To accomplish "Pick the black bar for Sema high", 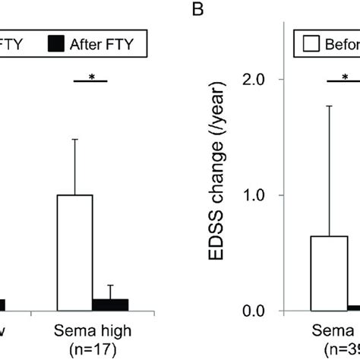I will click(110, 305).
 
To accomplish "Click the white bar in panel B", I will click(330, 273).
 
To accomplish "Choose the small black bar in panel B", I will click(354, 308).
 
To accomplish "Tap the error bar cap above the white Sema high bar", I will click(75, 140).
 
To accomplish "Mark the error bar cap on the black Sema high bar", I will click(110, 286).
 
